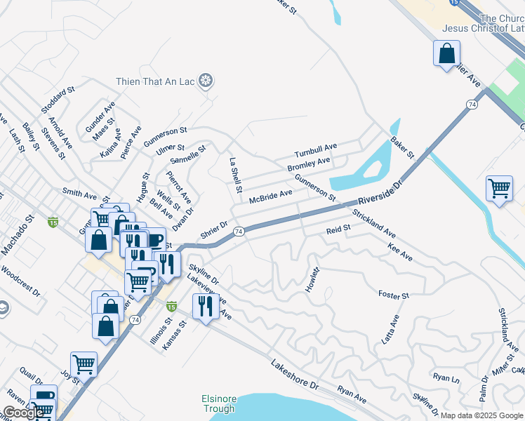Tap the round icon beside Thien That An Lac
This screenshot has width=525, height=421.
[x=206, y=81]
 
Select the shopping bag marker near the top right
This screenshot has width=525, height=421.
[x=446, y=53]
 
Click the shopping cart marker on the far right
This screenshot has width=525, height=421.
[x=499, y=189]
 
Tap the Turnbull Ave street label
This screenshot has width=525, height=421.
[x=316, y=150]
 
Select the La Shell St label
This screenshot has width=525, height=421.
[x=236, y=175]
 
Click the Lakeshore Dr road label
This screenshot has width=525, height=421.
[x=295, y=375]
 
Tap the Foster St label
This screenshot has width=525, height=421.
[x=393, y=295]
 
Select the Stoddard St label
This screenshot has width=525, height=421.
[x=58, y=100]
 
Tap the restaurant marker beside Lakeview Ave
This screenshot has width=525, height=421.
[x=205, y=306]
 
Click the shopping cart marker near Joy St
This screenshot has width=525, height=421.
[x=84, y=364]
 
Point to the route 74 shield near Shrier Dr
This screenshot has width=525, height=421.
[x=239, y=231]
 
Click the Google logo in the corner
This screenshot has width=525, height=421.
[x=24, y=413]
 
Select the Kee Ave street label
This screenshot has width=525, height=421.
[x=399, y=253]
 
